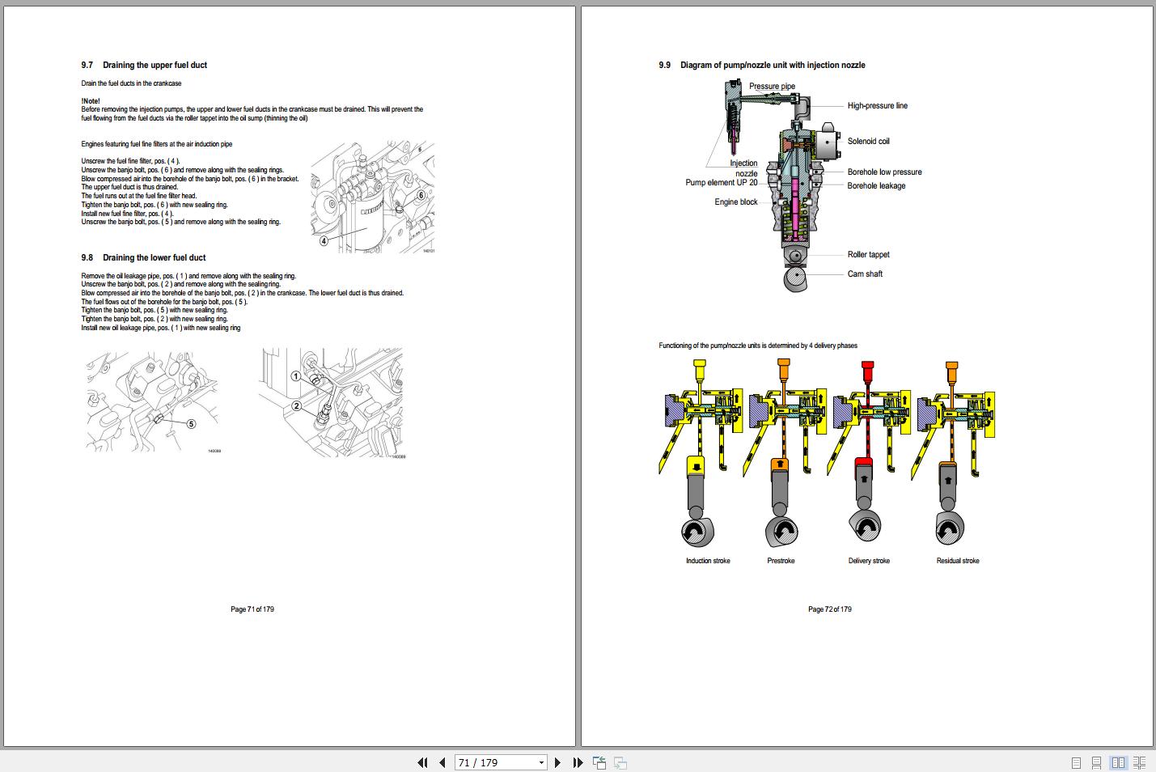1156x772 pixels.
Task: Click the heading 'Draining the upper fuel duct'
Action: pyautogui.click(x=154, y=66)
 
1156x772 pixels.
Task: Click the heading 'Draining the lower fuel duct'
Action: pyautogui.click(x=154, y=258)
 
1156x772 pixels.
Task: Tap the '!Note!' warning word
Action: pyautogui.click(x=91, y=101)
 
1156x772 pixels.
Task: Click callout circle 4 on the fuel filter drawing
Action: pyautogui.click(x=324, y=240)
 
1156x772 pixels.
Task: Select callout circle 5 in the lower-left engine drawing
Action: pyautogui.click(x=191, y=423)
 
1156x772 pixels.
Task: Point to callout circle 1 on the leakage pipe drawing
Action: pyautogui.click(x=296, y=376)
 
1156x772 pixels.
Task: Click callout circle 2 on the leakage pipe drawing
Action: pyautogui.click(x=296, y=406)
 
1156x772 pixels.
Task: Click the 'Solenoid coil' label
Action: pyautogui.click(x=868, y=142)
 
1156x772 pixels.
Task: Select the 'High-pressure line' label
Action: pyautogui.click(x=877, y=106)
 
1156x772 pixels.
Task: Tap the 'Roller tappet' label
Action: pyautogui.click(x=868, y=255)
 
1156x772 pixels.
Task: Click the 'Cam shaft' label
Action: pyautogui.click(x=865, y=274)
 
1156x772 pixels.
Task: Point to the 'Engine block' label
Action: pyautogui.click(x=735, y=202)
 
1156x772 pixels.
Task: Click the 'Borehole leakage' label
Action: pyautogui.click(x=876, y=186)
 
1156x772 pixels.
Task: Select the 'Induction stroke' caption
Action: pyautogui.click(x=708, y=561)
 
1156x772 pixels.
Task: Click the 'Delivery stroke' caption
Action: pyautogui.click(x=868, y=561)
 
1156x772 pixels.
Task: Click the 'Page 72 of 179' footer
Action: pyautogui.click(x=829, y=609)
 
